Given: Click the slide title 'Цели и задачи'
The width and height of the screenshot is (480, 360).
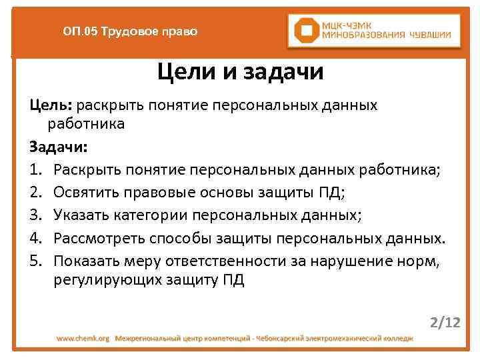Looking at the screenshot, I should click(x=240, y=72).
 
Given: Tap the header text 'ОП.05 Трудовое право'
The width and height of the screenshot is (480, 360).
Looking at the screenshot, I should click(x=130, y=31).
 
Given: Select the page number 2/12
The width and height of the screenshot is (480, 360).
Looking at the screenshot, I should click(x=445, y=323).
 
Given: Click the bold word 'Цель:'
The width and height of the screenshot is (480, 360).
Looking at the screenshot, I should click(x=52, y=106).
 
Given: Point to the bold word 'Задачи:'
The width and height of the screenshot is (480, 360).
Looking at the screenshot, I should click(x=58, y=145).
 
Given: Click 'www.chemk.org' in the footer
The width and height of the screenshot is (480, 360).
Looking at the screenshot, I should click(x=83, y=339).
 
